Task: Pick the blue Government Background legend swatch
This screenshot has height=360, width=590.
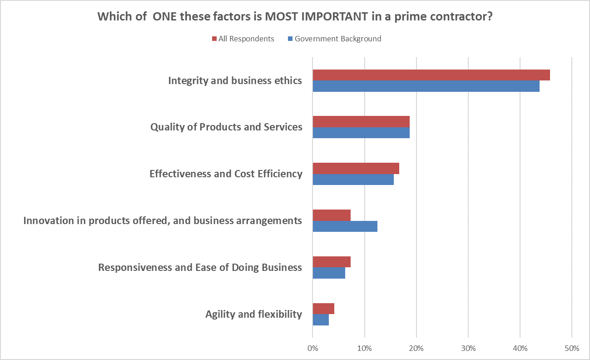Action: (290, 39)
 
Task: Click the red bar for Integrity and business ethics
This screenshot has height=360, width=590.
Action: (431, 75)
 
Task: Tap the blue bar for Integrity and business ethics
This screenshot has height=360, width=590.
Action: (426, 86)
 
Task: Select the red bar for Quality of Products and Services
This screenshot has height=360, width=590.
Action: (361, 121)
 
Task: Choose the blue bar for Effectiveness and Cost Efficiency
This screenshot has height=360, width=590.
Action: (353, 180)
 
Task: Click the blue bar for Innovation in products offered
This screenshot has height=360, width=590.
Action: (345, 226)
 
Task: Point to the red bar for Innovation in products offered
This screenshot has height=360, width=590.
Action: (332, 215)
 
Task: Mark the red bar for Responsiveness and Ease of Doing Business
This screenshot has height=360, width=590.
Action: (332, 262)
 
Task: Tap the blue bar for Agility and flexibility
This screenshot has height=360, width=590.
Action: (321, 320)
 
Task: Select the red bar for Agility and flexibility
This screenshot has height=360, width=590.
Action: (323, 309)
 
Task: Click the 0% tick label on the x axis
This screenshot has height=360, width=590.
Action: (312, 349)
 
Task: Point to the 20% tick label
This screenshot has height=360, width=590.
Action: (416, 349)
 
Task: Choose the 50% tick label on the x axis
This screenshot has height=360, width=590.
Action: (572, 349)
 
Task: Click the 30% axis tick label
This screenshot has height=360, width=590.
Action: (468, 349)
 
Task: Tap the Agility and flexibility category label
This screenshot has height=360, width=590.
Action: (253, 314)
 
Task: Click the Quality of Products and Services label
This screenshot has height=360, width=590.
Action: (226, 127)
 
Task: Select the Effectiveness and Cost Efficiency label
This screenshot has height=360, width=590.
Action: (226, 174)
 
